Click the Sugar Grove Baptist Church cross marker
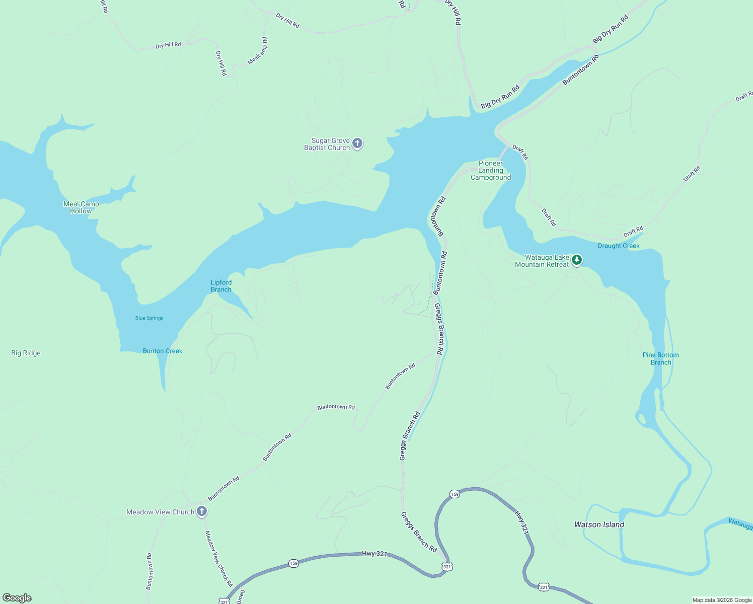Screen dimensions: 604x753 (357, 143)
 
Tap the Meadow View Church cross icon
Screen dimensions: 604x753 (202, 511)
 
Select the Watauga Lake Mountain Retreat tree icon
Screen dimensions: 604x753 (577, 260)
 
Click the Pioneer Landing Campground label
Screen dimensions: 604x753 (491, 170)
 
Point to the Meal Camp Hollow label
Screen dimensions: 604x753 (81, 207)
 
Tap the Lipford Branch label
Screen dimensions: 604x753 (221, 286)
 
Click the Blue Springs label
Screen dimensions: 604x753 (149, 318)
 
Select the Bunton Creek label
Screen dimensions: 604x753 (163, 351)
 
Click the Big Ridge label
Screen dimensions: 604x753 (26, 353)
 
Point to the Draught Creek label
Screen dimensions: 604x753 (619, 246)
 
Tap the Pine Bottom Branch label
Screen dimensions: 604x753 (660, 358)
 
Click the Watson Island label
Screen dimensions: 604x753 (599, 524)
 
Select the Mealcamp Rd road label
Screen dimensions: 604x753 (258, 51)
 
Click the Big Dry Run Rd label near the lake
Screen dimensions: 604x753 (500, 97)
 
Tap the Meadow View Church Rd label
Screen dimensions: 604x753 (219, 559)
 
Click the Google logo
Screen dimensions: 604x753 (17, 598)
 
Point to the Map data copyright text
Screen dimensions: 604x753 (722, 600)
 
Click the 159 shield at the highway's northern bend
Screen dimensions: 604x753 (455, 494)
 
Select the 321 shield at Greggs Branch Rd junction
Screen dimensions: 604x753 (447, 567)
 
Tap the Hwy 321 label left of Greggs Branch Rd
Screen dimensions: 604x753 (375, 554)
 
